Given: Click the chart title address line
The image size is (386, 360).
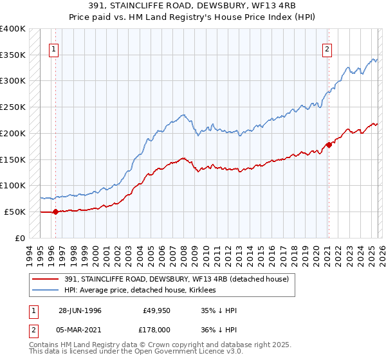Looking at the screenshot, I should pos(193,6).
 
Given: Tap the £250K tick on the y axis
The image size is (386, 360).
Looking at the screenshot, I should pos(13,107).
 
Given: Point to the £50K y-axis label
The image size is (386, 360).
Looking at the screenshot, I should pos(15,212).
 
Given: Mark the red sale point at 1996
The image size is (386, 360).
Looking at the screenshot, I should pos(55,211).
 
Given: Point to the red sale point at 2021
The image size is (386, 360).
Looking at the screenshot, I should pos(329,145).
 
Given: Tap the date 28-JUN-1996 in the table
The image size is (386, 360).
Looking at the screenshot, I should pos(80,310).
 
